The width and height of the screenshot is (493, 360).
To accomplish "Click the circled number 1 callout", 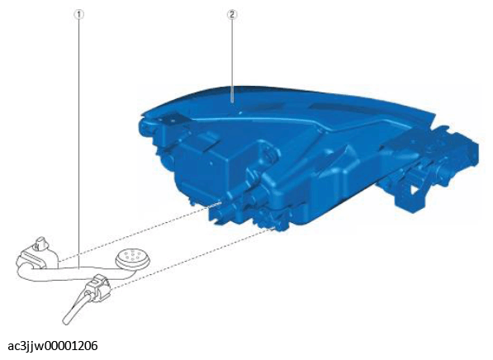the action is click(78, 15).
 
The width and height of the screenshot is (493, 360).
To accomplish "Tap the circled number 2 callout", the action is click(232, 15).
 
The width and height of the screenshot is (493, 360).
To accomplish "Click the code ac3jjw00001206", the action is click(53, 346).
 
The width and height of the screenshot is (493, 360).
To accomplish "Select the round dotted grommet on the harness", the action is click(132, 258).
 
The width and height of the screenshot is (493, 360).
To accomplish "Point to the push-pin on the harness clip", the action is click(40, 243).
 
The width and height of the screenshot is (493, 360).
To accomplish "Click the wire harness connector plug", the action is click(98, 287).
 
